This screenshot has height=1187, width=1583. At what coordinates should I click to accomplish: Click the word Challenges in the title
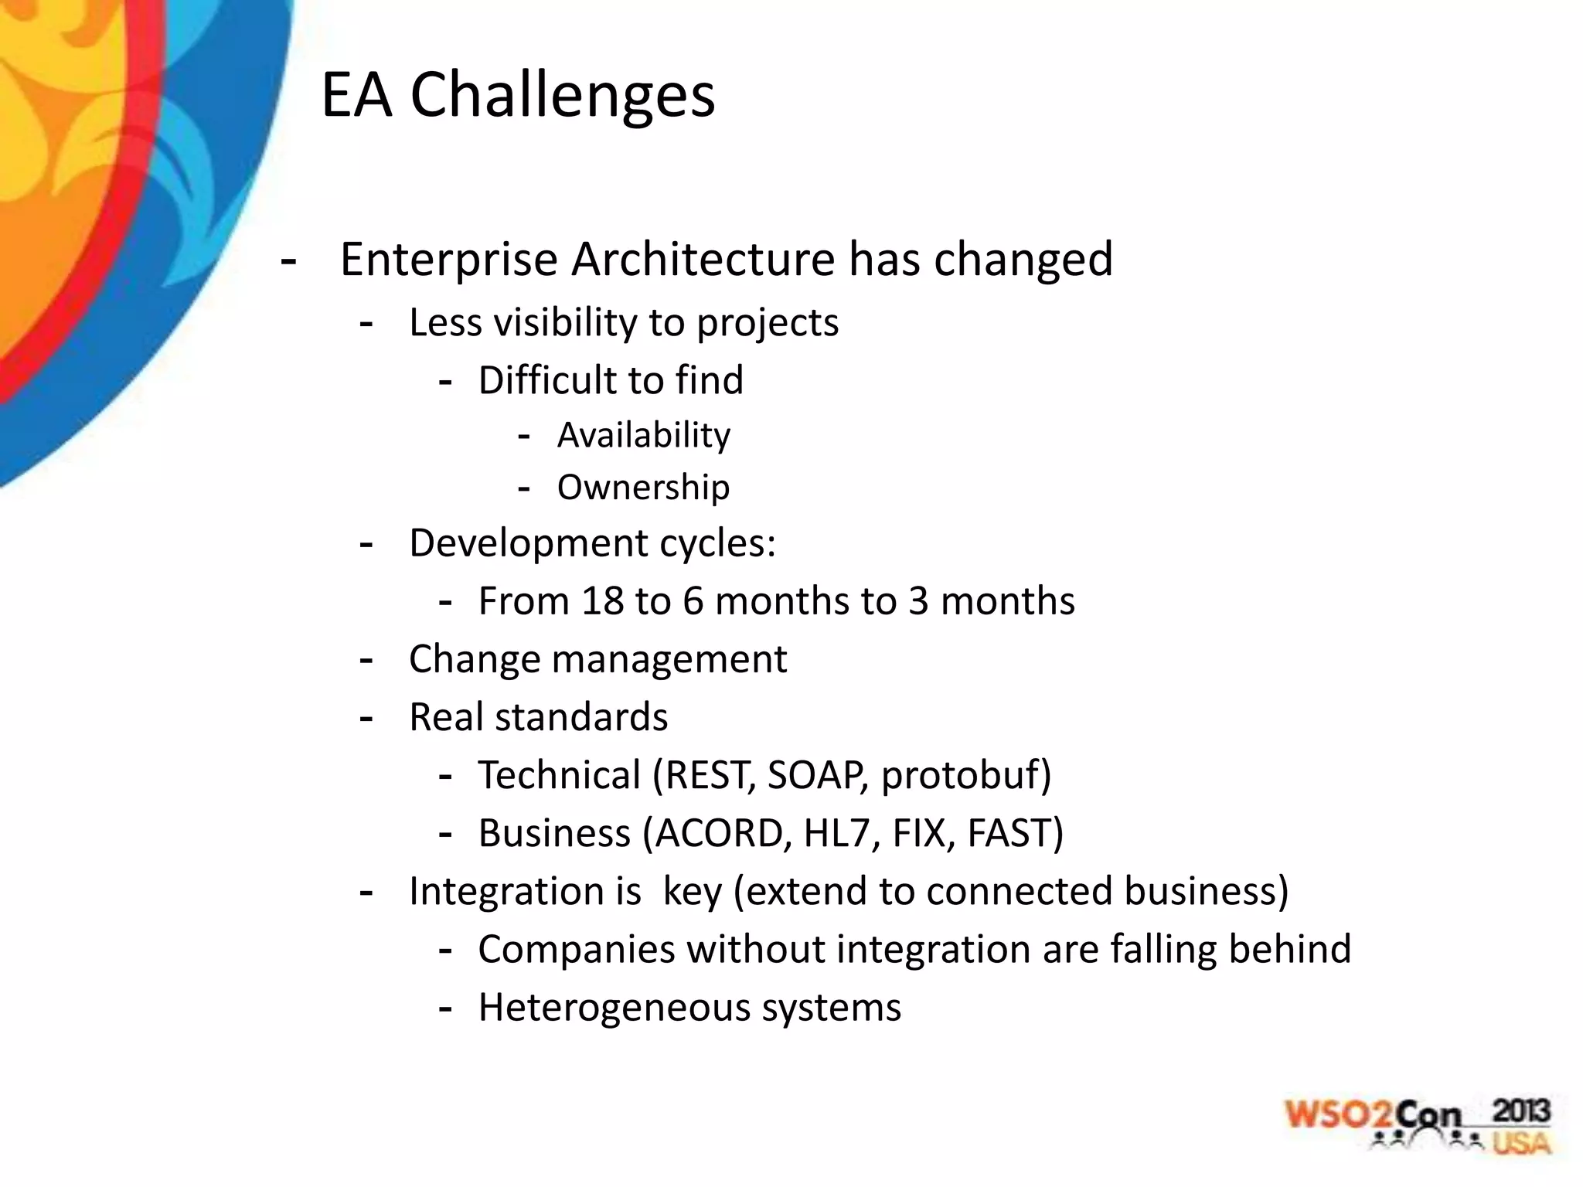(562, 96)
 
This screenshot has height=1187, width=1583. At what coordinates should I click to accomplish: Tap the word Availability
(643, 435)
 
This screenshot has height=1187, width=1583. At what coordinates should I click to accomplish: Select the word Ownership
(643, 488)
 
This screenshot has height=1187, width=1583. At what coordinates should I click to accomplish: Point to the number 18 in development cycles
(602, 601)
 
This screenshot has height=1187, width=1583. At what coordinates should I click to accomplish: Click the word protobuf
(965, 775)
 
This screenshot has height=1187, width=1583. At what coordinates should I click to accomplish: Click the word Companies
(576, 949)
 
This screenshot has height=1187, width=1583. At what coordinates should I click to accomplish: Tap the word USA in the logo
(1520, 1142)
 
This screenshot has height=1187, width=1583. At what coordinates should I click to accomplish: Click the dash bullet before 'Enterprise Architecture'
(288, 261)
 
